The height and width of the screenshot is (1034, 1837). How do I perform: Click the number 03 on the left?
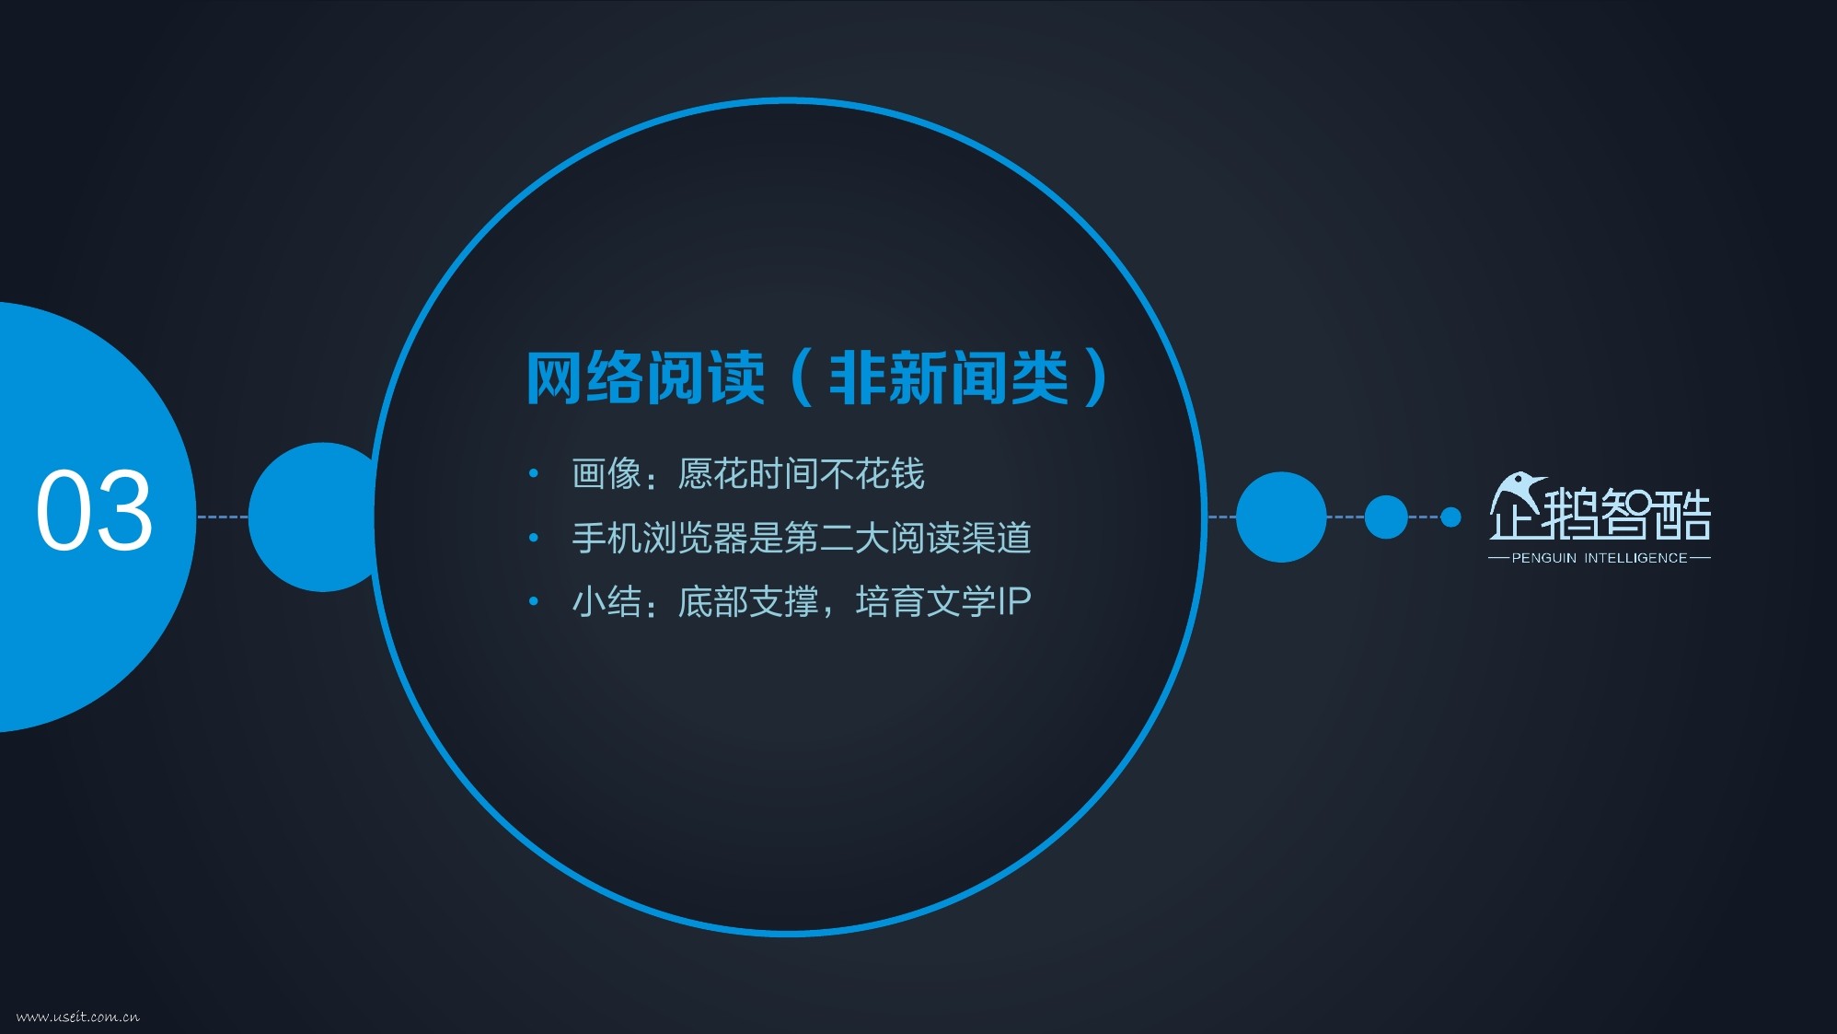(94, 509)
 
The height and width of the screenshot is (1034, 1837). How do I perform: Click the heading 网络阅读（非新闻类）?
(818, 378)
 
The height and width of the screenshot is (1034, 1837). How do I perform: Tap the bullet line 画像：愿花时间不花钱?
(747, 474)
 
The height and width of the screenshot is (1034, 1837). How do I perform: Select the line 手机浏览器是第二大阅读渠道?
(801, 538)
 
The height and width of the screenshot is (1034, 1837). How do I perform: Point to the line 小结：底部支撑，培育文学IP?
(801, 601)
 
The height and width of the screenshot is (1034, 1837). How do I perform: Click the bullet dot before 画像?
(534, 474)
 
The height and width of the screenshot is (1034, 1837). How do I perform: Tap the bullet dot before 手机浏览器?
(534, 538)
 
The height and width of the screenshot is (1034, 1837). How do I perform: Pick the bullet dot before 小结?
(534, 601)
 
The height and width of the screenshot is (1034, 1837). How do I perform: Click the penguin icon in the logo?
(1517, 494)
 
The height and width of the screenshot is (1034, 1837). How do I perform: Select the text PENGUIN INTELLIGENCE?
(1600, 558)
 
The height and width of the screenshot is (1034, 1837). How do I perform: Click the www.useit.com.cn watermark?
(78, 1017)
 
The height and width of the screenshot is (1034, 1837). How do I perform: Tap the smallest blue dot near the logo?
(1450, 517)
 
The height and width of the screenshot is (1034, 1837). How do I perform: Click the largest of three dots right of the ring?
(1281, 517)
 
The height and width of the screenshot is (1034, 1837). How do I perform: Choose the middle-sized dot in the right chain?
(1386, 517)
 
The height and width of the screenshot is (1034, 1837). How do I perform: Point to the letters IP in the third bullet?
(1012, 601)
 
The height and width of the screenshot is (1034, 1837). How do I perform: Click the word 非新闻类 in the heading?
(949, 378)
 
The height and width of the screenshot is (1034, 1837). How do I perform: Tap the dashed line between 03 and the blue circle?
(223, 517)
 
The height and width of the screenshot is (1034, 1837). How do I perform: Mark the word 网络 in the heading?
(584, 378)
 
